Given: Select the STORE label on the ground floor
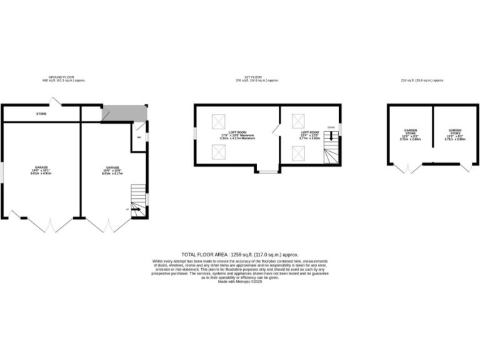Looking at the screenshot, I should (x=41, y=114).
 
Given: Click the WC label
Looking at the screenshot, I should (x=139, y=137).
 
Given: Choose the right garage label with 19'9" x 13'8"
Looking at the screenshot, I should (x=112, y=171).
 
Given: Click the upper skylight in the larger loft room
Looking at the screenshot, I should (x=219, y=121).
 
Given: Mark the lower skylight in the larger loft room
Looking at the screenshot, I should (x=219, y=151).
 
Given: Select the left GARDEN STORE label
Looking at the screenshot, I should (x=410, y=135).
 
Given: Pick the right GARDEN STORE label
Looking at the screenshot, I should (x=454, y=135).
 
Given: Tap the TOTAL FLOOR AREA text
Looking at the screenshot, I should (x=239, y=255).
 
